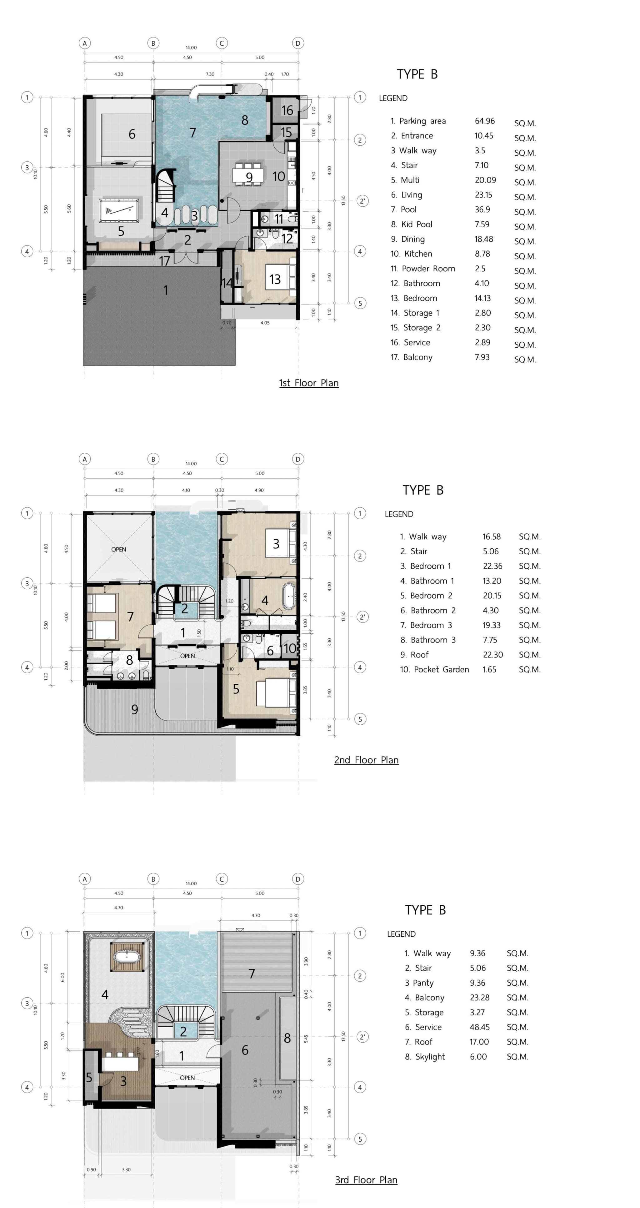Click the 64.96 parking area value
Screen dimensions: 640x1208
click(484, 121)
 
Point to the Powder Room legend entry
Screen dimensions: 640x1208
click(423, 269)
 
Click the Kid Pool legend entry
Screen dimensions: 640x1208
click(412, 224)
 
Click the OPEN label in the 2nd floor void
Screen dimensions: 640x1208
click(119, 549)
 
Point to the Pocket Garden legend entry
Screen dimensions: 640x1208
click(434, 670)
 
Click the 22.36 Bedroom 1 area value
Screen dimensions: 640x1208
click(492, 566)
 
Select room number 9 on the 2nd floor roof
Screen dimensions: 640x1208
click(135, 709)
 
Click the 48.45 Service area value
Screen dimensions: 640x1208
click(480, 1027)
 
